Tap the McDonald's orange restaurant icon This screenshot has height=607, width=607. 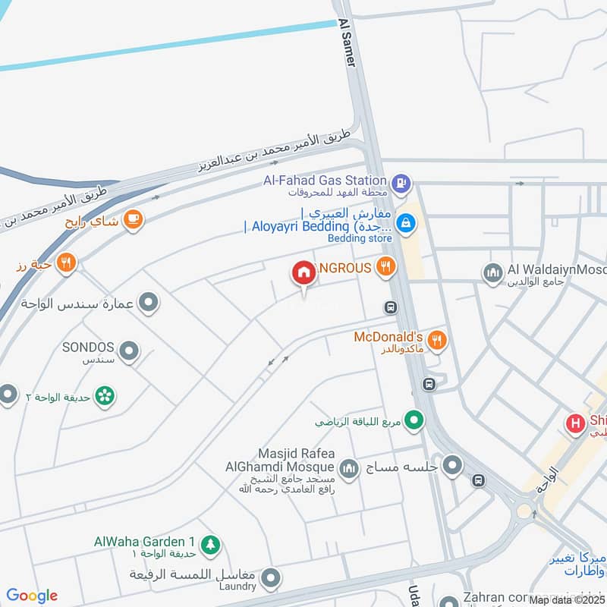(x=436, y=338)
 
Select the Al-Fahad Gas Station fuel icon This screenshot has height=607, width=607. (x=401, y=182)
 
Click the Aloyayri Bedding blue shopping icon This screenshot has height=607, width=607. (x=405, y=223)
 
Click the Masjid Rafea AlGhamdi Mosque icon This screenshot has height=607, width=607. (x=348, y=469)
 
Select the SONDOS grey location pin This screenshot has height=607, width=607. (x=131, y=351)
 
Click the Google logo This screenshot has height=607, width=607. (x=32, y=596)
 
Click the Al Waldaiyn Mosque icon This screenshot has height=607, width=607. (x=493, y=271)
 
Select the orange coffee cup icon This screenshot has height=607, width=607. (x=134, y=219)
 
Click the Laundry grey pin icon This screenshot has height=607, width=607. (x=269, y=580)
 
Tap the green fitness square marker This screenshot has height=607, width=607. (x=414, y=420)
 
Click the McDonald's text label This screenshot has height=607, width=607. (x=388, y=336)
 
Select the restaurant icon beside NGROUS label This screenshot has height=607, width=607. (x=386, y=266)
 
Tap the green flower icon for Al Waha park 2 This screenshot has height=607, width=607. (x=105, y=395)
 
